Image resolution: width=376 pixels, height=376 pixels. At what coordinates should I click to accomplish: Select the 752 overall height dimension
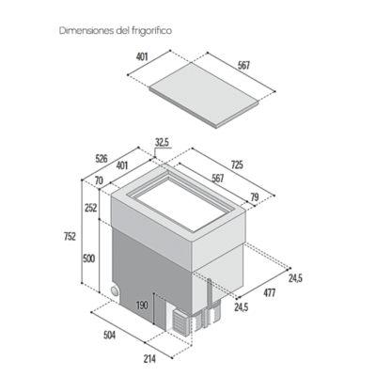[x=70, y=236]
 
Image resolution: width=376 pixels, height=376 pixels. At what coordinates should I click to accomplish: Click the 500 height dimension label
[x=89, y=258]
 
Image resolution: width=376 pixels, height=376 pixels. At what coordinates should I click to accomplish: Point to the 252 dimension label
[x=90, y=208]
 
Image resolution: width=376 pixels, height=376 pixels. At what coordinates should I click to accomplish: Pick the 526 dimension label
[x=101, y=158]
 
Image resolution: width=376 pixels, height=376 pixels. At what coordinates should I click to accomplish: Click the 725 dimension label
[x=237, y=164]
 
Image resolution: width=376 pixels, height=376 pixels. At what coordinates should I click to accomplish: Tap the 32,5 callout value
[x=162, y=143]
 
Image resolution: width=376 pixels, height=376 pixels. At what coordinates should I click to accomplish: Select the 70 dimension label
[x=99, y=180]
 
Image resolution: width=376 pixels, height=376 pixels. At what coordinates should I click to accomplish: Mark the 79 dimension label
[x=255, y=197]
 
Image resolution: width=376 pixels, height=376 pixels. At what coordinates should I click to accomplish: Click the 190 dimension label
[x=142, y=305]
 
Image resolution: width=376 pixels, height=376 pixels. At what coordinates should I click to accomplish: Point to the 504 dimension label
[x=109, y=335]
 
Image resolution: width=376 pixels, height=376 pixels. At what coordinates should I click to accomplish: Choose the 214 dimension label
[x=149, y=359]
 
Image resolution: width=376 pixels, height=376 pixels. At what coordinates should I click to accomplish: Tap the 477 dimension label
[x=269, y=293]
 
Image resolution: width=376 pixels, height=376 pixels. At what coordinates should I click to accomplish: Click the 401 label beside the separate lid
[x=142, y=56]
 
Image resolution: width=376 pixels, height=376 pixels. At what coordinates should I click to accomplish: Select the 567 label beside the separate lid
[x=243, y=65]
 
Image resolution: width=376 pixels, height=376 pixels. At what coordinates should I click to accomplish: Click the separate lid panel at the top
[x=204, y=94]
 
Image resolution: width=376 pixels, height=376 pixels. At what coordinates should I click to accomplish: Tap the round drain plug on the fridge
[x=115, y=290]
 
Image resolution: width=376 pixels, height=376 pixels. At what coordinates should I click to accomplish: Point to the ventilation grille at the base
[x=180, y=323]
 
